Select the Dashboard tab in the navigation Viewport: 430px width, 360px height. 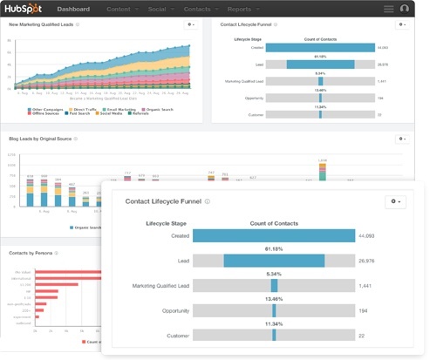(x=78, y=9)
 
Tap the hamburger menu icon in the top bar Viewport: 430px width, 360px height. (x=388, y=9)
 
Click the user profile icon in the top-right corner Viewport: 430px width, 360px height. (x=405, y=9)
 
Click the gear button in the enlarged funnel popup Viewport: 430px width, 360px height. (x=395, y=201)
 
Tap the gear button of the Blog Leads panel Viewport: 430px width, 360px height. (x=402, y=139)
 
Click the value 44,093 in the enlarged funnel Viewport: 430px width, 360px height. (x=371, y=235)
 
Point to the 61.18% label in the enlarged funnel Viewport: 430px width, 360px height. (x=274, y=248)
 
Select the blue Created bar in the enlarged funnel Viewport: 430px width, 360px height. (x=274, y=235)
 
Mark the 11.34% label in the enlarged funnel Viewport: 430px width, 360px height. (x=274, y=323)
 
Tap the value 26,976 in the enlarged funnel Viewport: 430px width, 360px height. (x=371, y=261)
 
